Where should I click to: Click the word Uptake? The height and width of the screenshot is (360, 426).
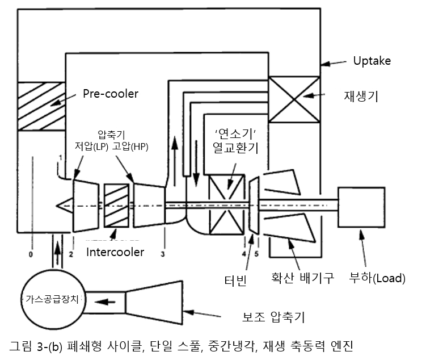pos(372,60)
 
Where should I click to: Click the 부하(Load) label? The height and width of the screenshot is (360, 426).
pos(378,278)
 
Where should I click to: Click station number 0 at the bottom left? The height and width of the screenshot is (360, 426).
pos(31,254)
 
